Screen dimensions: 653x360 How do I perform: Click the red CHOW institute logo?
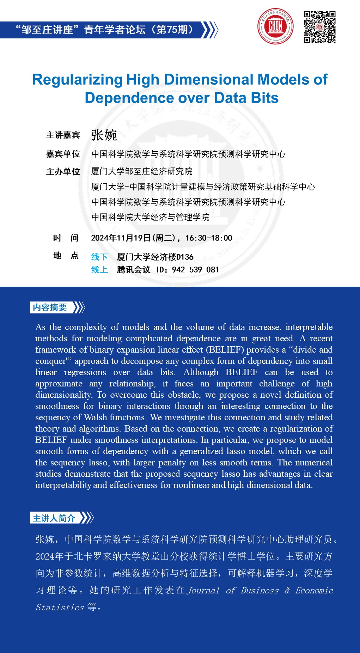click(275, 26)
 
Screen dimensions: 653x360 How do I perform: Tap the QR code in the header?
click(319, 27)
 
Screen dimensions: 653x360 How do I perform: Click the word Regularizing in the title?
click(77, 80)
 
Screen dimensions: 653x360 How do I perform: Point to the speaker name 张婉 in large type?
click(104, 135)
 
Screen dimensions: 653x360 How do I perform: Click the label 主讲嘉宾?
click(63, 135)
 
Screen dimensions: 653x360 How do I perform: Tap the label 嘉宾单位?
click(63, 154)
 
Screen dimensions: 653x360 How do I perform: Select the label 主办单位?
click(63, 172)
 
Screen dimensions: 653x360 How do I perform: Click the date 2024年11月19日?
click(121, 238)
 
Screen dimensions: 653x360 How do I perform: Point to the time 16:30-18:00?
click(209, 238)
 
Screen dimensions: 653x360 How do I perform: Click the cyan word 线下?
click(99, 257)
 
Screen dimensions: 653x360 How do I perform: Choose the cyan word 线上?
click(99, 270)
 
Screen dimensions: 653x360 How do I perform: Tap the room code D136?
click(185, 257)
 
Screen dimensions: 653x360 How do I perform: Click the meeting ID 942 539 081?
click(195, 270)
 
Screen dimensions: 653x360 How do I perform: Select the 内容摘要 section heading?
click(50, 307)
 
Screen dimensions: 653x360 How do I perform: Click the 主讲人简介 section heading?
click(54, 518)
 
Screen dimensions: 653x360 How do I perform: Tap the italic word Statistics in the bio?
click(60, 608)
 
